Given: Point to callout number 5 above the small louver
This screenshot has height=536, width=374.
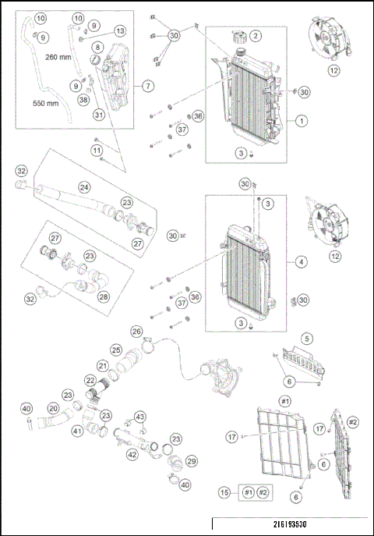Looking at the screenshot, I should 308,338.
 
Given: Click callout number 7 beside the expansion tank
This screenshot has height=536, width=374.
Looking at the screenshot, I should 148,85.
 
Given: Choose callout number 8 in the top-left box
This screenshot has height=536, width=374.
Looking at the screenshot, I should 96,47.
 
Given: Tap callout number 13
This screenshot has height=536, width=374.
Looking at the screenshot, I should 119,30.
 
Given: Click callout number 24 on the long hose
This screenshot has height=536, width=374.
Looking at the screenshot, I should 83,187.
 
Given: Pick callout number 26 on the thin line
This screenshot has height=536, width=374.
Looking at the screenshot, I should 137,332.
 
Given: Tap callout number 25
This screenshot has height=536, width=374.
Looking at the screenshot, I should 115,350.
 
